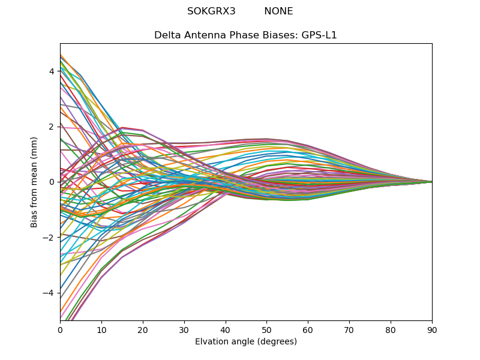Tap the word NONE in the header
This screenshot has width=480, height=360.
278,11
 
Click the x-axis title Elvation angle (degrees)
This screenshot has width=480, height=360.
246,342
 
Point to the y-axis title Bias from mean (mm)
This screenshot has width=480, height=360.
34,182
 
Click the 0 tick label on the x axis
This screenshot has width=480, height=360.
60,329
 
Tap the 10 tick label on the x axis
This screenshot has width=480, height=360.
101,329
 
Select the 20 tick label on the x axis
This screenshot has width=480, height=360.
143,329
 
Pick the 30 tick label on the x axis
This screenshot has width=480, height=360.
184,329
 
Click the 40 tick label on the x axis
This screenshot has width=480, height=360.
226,329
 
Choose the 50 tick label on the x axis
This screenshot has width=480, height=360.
266,329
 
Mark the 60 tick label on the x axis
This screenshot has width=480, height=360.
308,329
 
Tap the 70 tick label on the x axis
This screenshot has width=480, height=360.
349,329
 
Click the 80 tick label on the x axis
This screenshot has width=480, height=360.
391,329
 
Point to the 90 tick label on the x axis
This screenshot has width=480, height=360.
432,329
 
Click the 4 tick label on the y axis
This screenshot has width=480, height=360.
52,71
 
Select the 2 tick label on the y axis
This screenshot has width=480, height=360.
52,127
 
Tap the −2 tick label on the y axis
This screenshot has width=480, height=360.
49,238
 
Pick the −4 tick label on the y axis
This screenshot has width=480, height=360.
49,293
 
